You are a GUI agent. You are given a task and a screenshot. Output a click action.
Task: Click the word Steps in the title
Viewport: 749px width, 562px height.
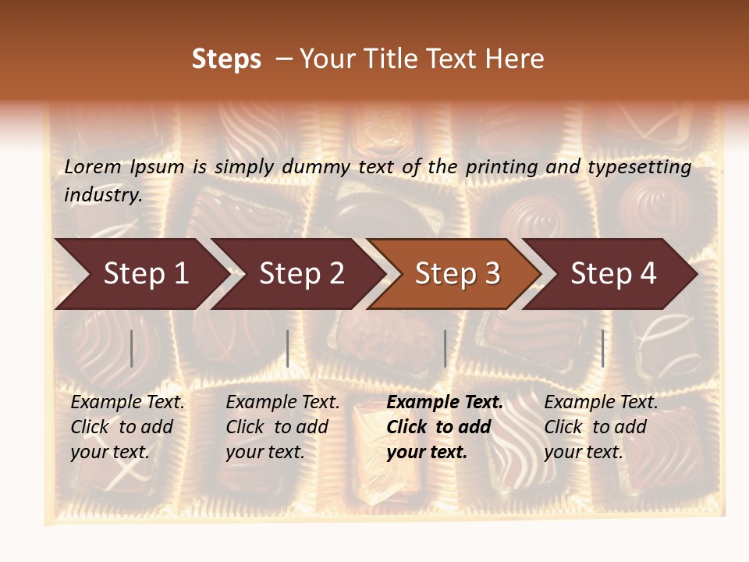pos(226,59)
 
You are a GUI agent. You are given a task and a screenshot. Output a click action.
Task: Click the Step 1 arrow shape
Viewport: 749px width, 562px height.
pos(140,274)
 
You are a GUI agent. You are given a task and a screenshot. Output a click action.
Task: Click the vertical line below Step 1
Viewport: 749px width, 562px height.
pos(132,348)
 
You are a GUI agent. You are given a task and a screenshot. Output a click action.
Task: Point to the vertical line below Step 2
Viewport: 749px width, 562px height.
pos(288,348)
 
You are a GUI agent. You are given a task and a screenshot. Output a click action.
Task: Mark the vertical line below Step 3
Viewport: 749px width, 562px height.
pos(445,348)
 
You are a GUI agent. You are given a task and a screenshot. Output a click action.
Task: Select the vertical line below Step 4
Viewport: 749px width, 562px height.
pos(602,348)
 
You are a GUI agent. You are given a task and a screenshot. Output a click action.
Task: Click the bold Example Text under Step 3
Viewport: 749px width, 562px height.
pos(445,403)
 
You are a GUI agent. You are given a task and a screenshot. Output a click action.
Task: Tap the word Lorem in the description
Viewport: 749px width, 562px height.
pos(93,167)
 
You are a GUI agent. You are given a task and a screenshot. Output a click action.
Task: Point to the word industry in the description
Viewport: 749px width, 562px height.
pos(101,195)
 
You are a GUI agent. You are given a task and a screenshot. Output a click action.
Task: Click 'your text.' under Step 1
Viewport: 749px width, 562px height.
pos(109,452)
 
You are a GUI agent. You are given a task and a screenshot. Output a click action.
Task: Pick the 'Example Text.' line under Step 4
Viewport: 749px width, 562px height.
pos(601,403)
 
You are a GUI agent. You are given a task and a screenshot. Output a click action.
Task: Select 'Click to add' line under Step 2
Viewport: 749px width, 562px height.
pos(277,427)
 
